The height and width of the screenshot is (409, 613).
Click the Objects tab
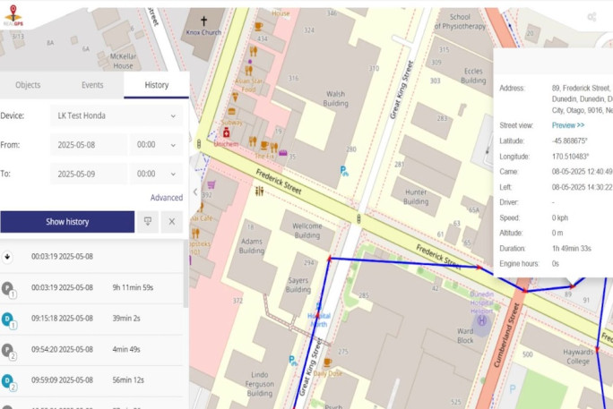(x=28, y=85)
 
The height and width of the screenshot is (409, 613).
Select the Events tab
(x=92, y=85)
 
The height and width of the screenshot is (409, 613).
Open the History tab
(x=157, y=85)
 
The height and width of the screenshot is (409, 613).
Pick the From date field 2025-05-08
(x=88, y=145)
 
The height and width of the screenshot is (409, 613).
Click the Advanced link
(x=166, y=198)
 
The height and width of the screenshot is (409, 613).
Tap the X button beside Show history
(x=170, y=221)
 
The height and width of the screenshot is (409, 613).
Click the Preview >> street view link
(x=568, y=125)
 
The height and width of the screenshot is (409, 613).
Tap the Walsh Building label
(x=335, y=98)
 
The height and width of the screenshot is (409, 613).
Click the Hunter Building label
(x=416, y=197)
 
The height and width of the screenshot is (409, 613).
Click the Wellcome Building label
(x=306, y=231)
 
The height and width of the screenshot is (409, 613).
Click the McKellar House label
(x=124, y=60)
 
